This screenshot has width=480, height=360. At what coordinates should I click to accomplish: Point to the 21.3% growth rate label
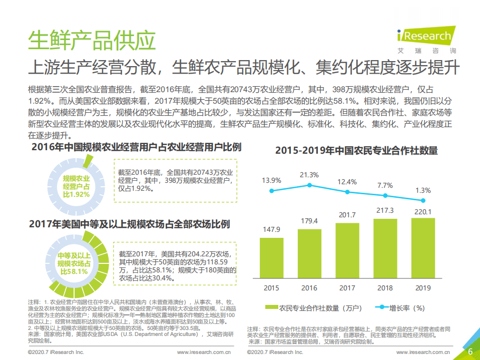(309, 175)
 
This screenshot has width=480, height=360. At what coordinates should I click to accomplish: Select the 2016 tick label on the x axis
(309, 288)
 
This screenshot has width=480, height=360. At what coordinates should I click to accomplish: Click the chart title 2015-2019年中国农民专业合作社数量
(356, 150)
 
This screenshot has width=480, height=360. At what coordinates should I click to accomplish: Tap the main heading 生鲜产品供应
(91, 41)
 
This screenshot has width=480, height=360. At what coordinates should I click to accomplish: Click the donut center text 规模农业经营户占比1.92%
(76, 186)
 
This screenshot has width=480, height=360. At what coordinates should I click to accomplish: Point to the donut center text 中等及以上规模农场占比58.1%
(74, 263)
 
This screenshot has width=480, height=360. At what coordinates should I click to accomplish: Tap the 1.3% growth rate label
(423, 190)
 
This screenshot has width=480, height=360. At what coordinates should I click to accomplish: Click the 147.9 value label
(271, 229)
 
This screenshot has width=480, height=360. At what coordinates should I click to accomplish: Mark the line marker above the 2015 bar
(271, 191)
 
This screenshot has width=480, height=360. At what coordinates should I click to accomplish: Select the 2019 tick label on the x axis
(423, 288)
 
